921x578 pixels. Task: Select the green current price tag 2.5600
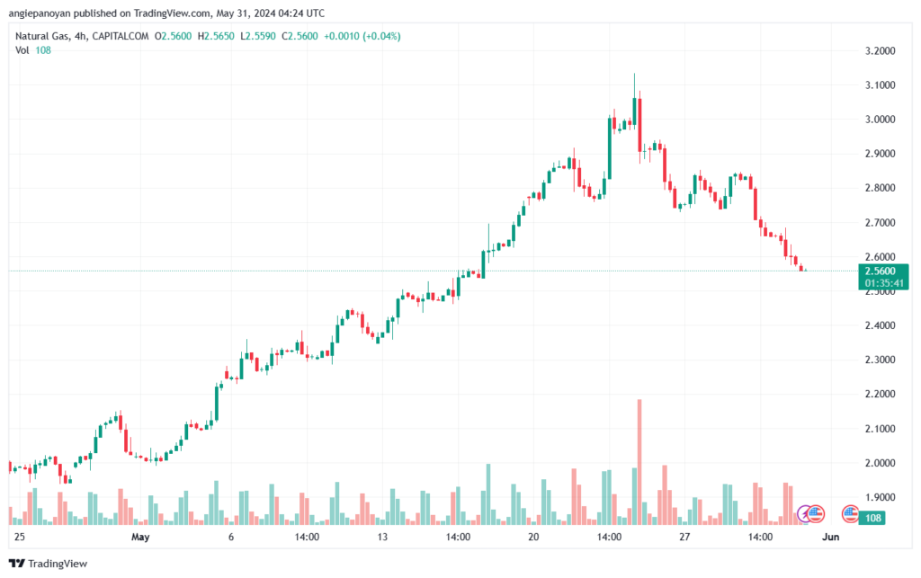point(879,271)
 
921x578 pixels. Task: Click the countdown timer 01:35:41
point(880,282)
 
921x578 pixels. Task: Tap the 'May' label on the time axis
point(139,537)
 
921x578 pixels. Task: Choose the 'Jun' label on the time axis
point(832,537)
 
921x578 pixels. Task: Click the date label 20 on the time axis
point(533,537)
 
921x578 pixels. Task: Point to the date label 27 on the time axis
point(684,537)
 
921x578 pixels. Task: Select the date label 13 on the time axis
point(382,537)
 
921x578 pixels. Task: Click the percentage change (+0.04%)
point(378,36)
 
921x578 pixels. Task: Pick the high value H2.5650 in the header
point(219,36)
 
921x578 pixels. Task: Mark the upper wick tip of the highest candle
point(634,74)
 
